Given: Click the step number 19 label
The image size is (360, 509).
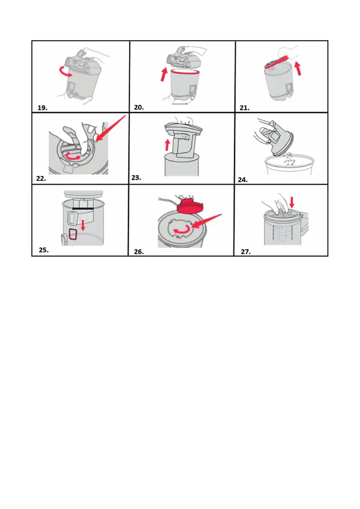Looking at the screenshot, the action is coord(42,108).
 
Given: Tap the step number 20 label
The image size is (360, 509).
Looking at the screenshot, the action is coord(139,107).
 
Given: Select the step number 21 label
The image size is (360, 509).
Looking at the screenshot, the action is coord(245,108).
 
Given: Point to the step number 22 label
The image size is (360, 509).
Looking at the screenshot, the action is coord(41,179).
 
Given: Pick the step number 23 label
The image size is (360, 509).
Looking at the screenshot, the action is coord(136,177).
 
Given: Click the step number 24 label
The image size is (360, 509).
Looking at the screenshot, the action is coord(243,180).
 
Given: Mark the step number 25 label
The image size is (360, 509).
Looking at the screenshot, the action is coord(44,250).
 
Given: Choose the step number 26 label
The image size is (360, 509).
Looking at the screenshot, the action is coord(139,252).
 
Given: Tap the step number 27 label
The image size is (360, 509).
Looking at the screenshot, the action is coord(246,252).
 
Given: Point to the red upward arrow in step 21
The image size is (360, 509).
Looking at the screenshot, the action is coord(298,68).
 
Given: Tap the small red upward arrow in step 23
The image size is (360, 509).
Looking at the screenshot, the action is coord(167,145).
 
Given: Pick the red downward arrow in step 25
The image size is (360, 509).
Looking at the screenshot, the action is coord(83,225).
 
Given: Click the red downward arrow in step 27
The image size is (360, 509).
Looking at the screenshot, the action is coord(292,202).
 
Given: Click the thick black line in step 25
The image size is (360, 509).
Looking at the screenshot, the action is coord(83,209).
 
